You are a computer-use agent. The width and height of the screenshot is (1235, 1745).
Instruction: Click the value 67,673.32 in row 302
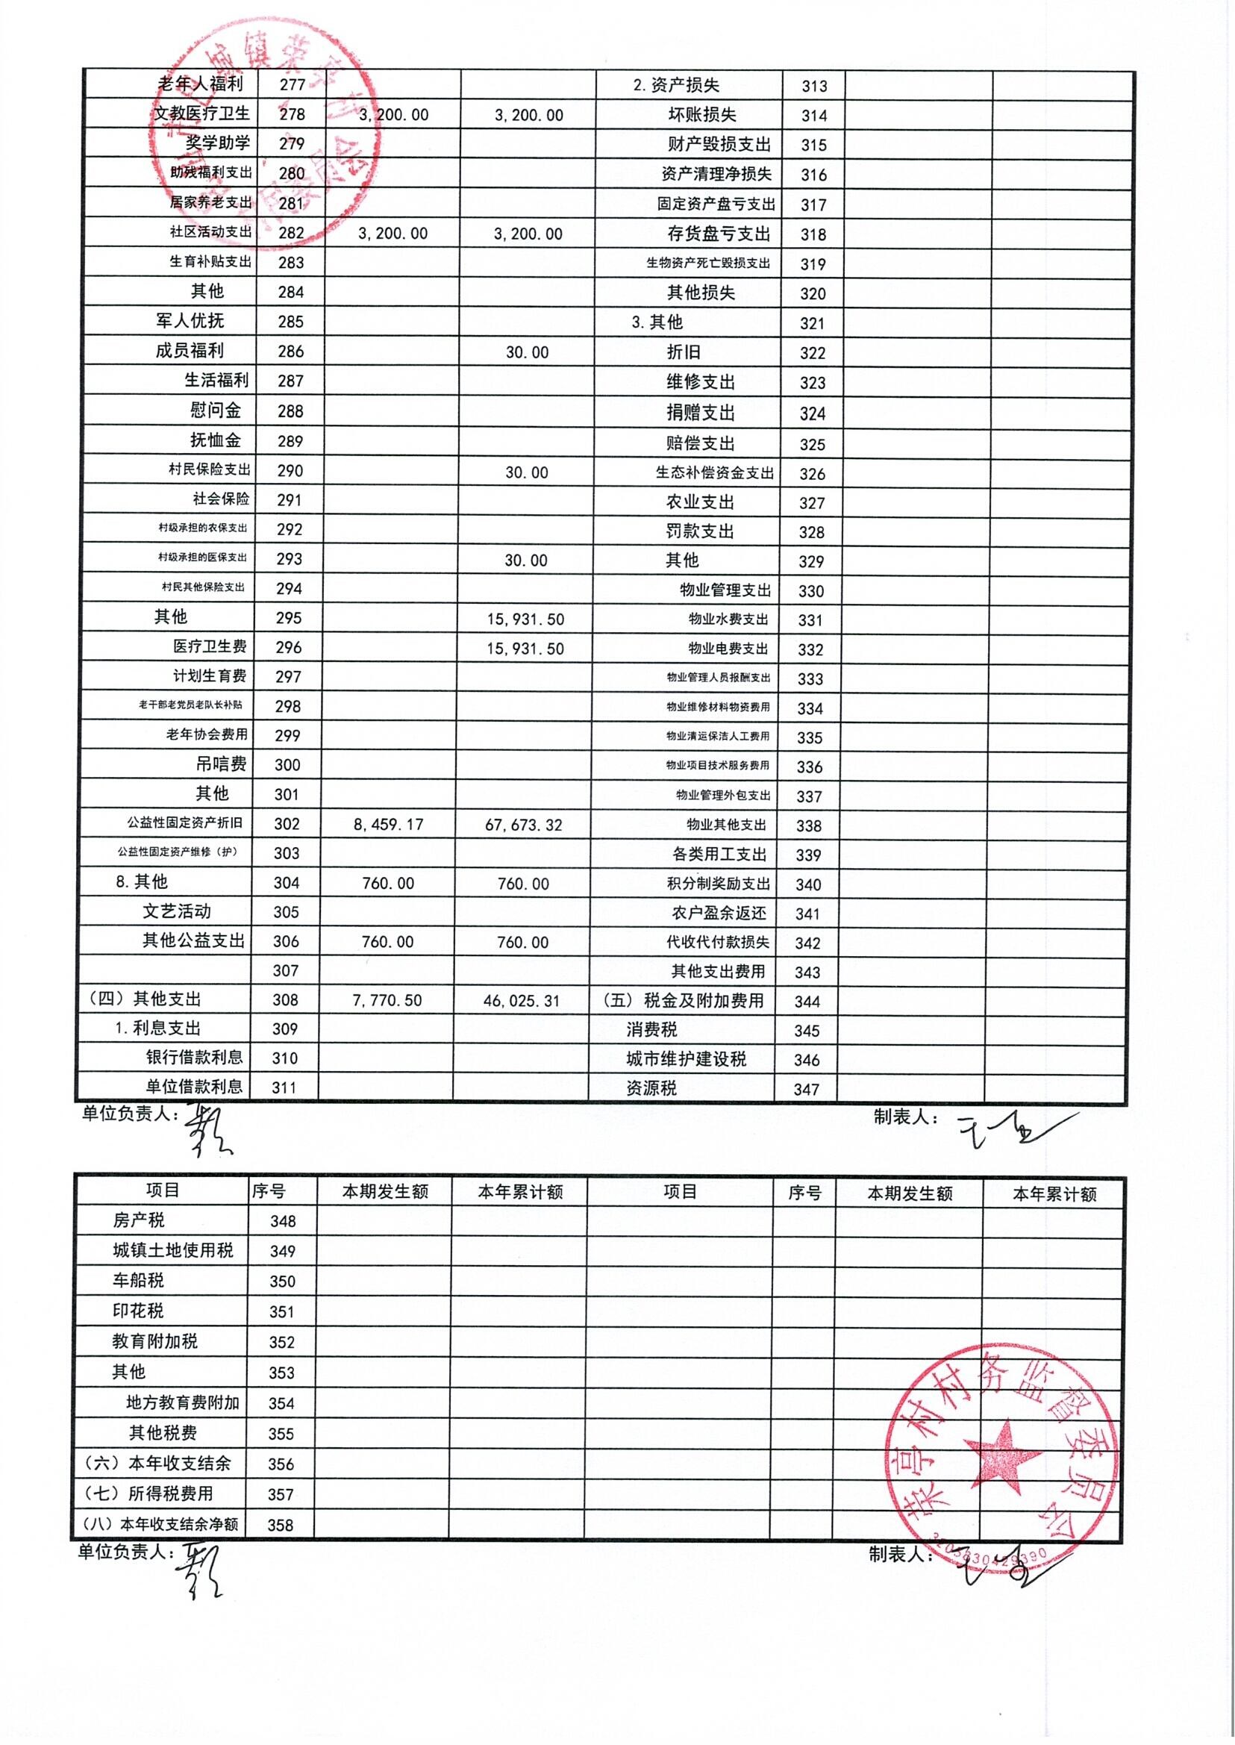(x=523, y=825)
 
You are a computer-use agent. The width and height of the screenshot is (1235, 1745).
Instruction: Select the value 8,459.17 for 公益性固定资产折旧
(x=388, y=825)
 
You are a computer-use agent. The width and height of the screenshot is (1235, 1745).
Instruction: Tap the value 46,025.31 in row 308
(x=521, y=1001)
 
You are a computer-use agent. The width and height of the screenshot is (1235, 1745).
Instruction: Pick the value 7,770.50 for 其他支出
(x=387, y=1000)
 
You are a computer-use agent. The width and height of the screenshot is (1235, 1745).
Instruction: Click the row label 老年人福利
(x=200, y=84)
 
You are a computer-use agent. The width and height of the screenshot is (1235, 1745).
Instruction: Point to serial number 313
(x=813, y=86)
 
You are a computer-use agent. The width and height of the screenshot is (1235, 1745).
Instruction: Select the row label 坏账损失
(x=702, y=115)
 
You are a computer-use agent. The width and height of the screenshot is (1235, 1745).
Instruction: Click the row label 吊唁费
(x=221, y=764)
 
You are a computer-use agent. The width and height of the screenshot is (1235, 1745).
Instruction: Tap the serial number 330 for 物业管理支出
(x=810, y=591)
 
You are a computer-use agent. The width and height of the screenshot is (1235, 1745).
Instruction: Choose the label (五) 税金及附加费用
(x=683, y=1001)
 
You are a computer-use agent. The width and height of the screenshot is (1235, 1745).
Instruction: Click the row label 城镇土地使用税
(x=172, y=1251)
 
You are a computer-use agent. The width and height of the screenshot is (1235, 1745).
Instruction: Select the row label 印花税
(x=137, y=1311)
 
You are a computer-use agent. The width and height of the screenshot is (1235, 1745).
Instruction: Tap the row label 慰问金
(x=215, y=411)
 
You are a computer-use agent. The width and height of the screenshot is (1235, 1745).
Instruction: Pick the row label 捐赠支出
(x=701, y=413)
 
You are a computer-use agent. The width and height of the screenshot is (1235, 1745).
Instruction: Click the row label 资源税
(x=651, y=1088)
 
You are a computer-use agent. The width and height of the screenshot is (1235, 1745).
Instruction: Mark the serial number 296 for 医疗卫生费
(x=288, y=647)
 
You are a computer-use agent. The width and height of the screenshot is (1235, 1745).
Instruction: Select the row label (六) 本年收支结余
(x=157, y=1464)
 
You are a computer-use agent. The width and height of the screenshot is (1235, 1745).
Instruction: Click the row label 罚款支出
(x=700, y=531)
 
